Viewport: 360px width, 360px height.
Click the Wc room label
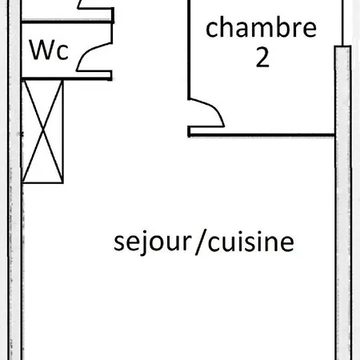(49, 50)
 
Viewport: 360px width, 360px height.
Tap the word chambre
(261, 27)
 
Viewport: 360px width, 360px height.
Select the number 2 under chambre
(262, 58)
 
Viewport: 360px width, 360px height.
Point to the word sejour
(153, 242)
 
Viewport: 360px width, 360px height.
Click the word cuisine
(251, 242)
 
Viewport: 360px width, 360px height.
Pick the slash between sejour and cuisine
(201, 243)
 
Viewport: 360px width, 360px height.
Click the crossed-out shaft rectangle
(42, 131)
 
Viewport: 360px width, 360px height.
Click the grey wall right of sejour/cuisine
(343, 202)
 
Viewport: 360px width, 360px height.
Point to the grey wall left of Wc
(14, 180)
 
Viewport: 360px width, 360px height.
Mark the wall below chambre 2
(262, 135)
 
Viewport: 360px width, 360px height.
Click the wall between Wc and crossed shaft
(66, 78)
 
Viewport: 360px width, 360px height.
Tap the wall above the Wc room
(67, 22)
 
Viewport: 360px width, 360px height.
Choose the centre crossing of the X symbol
(43, 131)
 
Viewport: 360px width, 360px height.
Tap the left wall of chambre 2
(189, 50)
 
